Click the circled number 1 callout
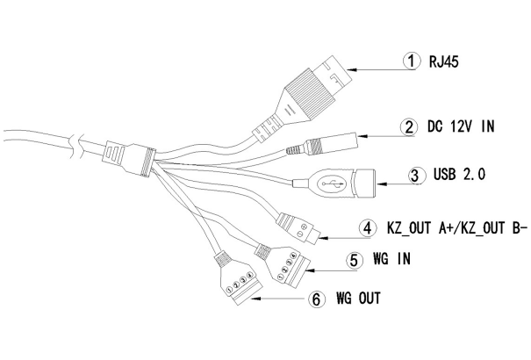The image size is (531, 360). coord(409,61)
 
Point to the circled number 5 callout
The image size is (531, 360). coord(353,261)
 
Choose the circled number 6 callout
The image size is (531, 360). coord(317,299)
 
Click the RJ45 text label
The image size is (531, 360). coord(445,62)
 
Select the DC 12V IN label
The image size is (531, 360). coord(461,126)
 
